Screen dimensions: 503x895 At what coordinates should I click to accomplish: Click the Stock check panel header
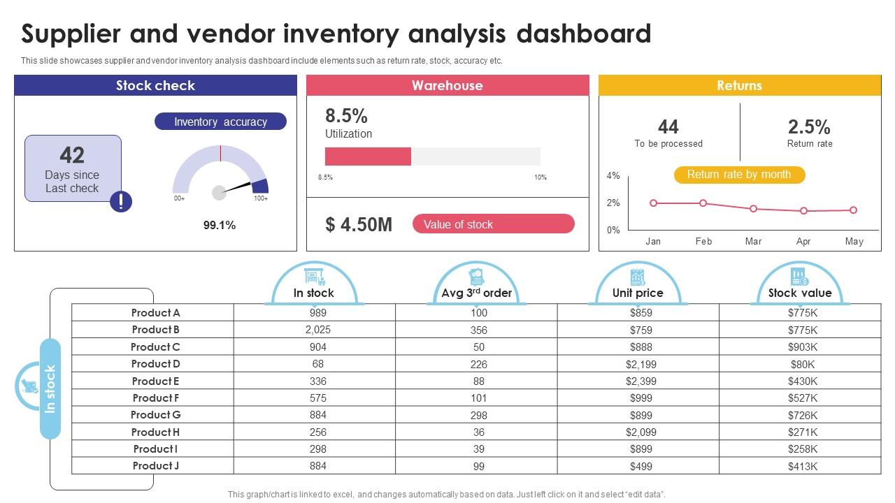click(x=155, y=86)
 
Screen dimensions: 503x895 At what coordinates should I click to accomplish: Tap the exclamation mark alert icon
click(x=121, y=202)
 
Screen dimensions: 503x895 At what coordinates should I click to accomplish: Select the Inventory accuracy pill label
click(x=220, y=122)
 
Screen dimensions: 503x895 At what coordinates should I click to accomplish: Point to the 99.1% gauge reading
click(x=220, y=226)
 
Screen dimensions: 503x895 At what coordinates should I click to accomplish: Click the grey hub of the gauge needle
click(x=219, y=192)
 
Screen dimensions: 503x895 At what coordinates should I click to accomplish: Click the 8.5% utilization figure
click(x=346, y=116)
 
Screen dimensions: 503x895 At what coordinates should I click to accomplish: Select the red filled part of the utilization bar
click(x=368, y=156)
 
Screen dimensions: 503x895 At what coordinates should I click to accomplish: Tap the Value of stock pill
click(x=493, y=224)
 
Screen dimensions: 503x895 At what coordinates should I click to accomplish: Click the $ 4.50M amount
click(x=359, y=224)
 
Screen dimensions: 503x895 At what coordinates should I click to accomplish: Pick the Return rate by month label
click(x=739, y=175)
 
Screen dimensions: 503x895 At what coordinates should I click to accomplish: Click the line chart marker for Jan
click(x=653, y=203)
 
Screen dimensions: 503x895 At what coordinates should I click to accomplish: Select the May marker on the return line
click(x=854, y=210)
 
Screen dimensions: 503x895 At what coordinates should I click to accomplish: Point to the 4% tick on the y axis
click(x=613, y=176)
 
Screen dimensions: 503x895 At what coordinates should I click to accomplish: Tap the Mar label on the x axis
click(x=753, y=242)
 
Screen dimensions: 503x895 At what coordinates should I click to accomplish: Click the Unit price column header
click(x=638, y=293)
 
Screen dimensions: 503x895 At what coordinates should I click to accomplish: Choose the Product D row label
click(x=155, y=364)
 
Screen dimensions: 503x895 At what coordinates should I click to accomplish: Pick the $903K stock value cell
click(x=802, y=347)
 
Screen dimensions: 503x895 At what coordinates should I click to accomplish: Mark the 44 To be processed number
click(x=668, y=127)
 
